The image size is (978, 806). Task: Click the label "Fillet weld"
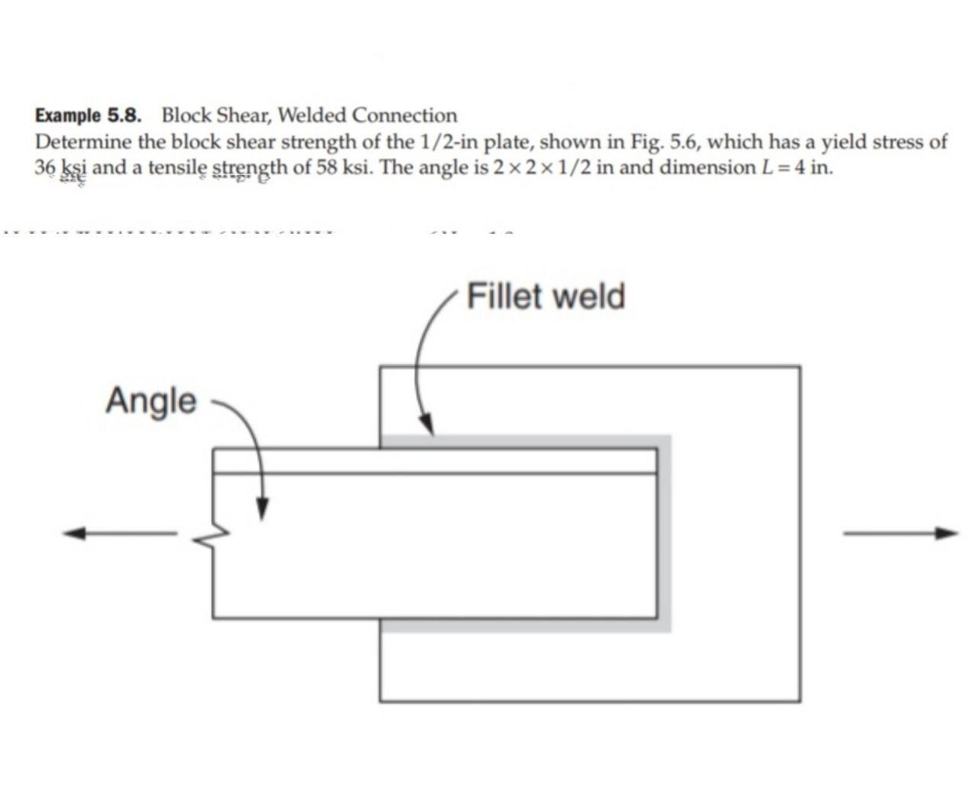click(546, 296)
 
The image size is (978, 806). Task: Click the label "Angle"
click(151, 400)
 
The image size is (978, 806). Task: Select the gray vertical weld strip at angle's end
click(664, 535)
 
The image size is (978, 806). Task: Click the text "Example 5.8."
click(89, 116)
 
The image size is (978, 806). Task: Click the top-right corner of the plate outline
click(800, 367)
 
